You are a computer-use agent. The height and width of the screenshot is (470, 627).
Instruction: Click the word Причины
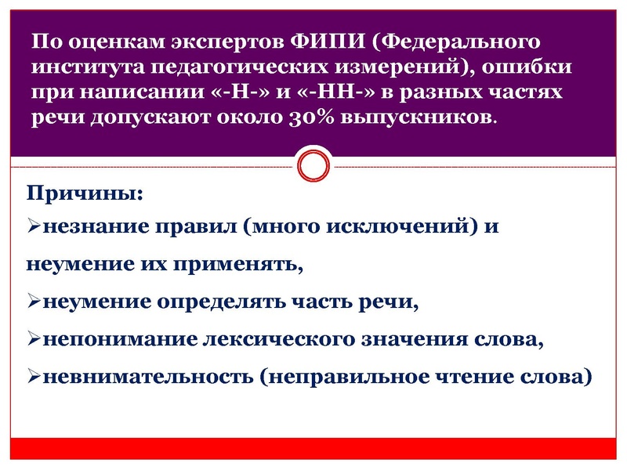(x=76, y=193)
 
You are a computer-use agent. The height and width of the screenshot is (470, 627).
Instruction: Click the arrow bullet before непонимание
(x=34, y=340)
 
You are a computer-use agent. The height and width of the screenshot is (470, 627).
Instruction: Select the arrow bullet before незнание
(x=34, y=228)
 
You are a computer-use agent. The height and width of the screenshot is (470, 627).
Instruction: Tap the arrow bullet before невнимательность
(x=34, y=377)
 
